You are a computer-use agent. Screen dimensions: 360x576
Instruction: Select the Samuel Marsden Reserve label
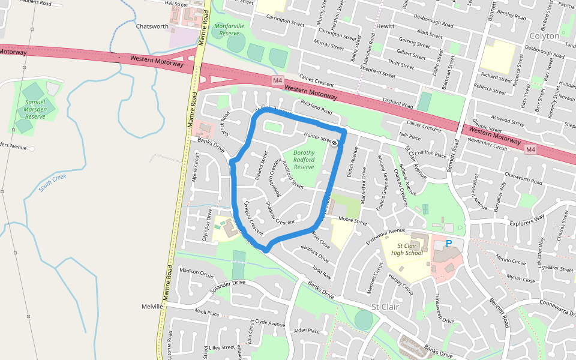click(x=35, y=109)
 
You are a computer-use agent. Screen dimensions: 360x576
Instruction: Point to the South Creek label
click(x=52, y=182)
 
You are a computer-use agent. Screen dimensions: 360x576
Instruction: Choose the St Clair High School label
click(x=406, y=249)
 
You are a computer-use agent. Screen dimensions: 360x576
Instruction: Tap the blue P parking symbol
click(x=449, y=244)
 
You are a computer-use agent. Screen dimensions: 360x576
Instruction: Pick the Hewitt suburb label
click(x=385, y=26)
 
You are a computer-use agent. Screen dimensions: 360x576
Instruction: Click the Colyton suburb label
click(x=545, y=36)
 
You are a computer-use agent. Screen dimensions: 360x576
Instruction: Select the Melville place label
click(x=152, y=307)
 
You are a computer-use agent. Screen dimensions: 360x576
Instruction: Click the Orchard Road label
click(x=398, y=102)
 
